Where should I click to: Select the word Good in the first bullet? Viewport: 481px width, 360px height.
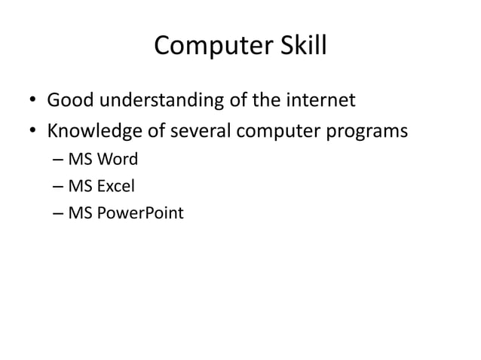(x=70, y=99)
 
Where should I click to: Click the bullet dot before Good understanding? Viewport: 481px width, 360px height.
(x=33, y=100)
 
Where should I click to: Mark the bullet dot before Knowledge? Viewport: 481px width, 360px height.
(x=33, y=133)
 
